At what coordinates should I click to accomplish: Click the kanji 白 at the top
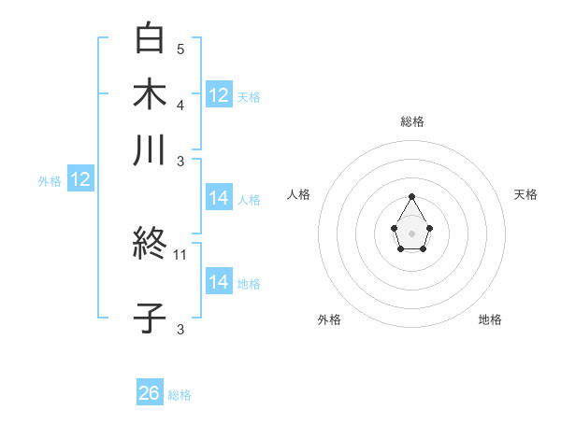tap(150, 38)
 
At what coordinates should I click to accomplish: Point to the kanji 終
tap(150, 246)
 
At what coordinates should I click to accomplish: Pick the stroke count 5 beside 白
tap(180, 49)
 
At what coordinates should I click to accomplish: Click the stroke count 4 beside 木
tap(180, 104)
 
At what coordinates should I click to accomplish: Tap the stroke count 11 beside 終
tap(181, 254)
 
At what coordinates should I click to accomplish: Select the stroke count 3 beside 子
tap(180, 328)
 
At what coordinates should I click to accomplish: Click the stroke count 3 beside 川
tap(180, 160)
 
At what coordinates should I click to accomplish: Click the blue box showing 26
tap(150, 393)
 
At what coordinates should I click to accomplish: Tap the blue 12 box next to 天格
tap(219, 94)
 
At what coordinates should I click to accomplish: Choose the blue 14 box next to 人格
tap(219, 198)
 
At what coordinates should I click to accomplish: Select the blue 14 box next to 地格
tap(219, 282)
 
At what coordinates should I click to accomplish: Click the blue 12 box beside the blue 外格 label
tap(80, 180)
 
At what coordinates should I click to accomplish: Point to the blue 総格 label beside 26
tap(180, 395)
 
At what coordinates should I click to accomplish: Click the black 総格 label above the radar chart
tap(412, 121)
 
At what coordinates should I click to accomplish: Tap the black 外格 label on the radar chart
tap(329, 319)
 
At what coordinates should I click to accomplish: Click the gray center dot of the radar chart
tap(412, 232)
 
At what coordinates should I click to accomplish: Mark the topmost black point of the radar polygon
tap(412, 196)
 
